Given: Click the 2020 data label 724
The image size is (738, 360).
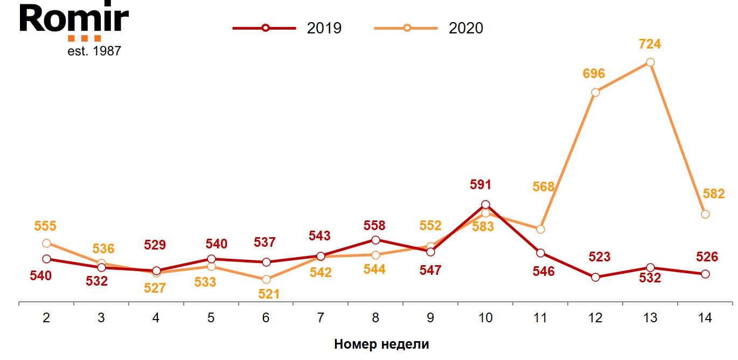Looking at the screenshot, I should [650, 44].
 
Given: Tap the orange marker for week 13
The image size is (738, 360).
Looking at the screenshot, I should [650, 62].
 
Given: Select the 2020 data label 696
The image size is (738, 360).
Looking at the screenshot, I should [594, 74].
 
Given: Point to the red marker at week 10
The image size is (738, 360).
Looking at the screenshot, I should [485, 204].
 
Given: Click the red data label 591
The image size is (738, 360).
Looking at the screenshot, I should [481, 185].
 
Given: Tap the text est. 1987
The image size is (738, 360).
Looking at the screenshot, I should [94, 51].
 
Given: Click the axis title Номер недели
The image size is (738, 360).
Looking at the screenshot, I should [381, 344].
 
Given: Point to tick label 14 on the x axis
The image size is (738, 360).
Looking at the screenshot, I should [705, 318].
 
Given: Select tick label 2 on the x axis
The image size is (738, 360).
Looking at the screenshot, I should [46, 318].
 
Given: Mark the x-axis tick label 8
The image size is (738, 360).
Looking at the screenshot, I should [375, 318].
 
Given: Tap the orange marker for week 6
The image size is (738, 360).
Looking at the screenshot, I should [266, 279].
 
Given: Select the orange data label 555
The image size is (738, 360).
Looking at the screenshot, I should [45, 226].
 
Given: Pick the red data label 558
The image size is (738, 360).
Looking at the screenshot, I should [374, 226].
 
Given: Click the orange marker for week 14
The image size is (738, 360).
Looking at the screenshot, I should [705, 214].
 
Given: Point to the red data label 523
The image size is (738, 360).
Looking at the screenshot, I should [600, 257].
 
